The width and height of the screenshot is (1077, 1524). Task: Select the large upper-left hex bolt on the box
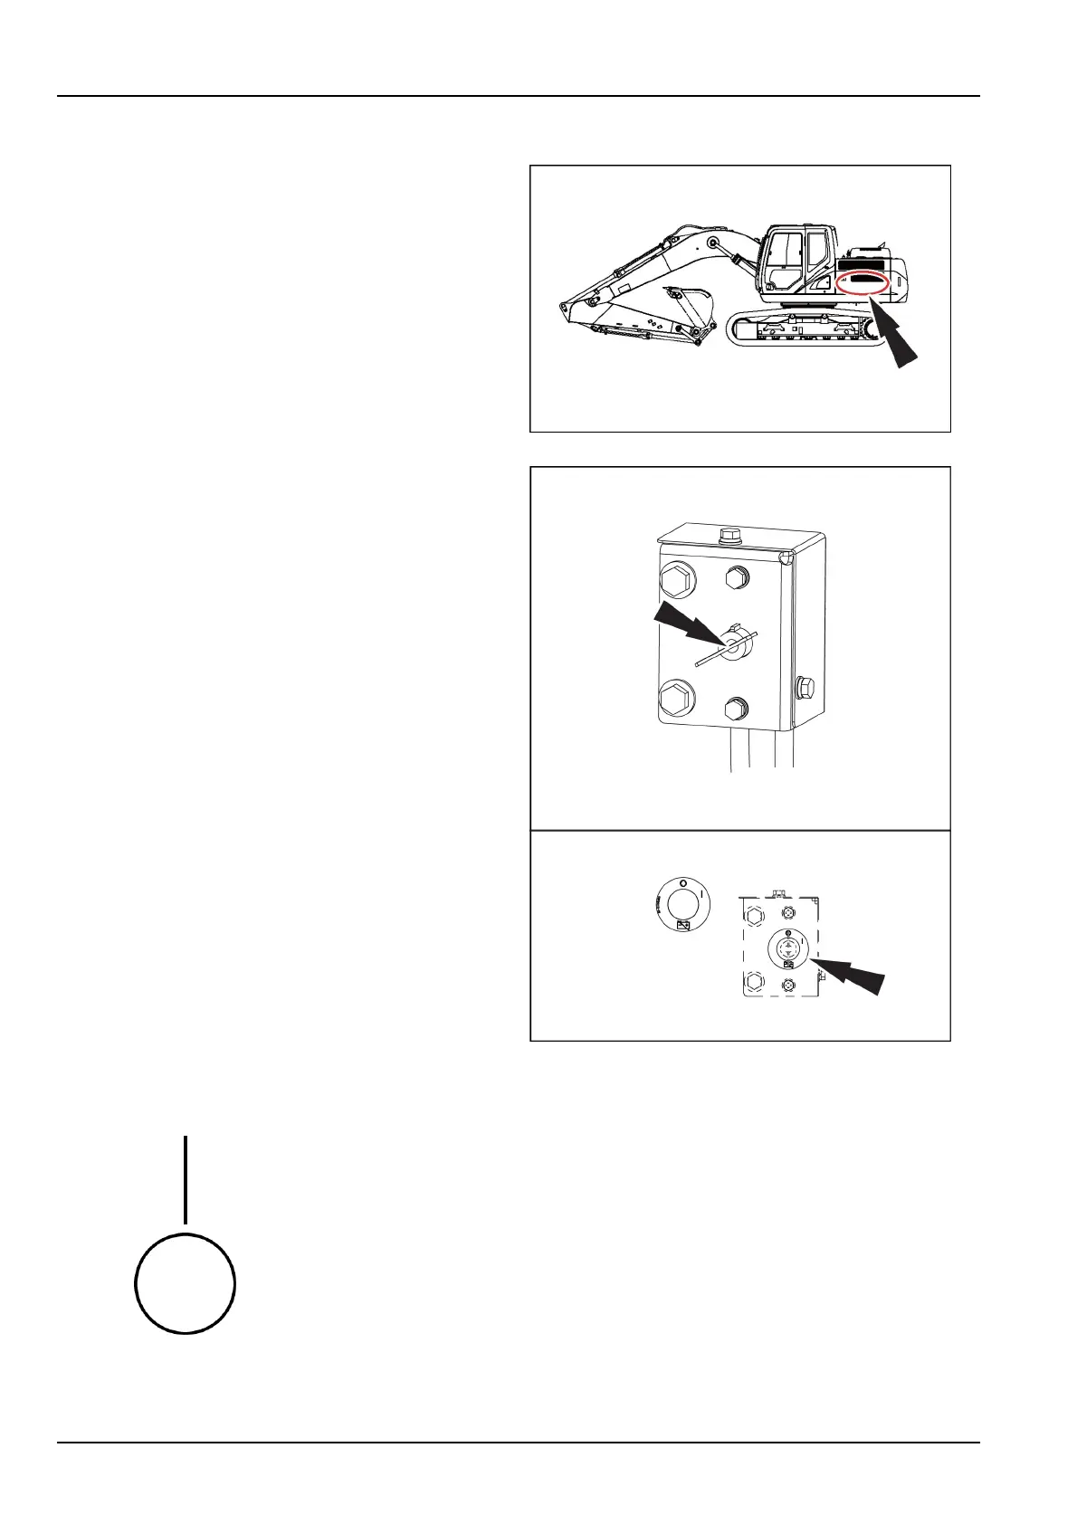click(x=679, y=579)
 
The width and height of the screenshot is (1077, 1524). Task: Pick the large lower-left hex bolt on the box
click(x=677, y=700)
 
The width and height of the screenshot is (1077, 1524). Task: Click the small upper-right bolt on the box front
click(x=737, y=576)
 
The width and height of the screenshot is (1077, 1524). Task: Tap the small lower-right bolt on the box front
click(x=737, y=708)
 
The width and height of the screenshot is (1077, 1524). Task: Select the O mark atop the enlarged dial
click(x=683, y=882)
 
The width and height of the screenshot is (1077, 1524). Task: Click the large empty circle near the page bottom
click(x=186, y=1282)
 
